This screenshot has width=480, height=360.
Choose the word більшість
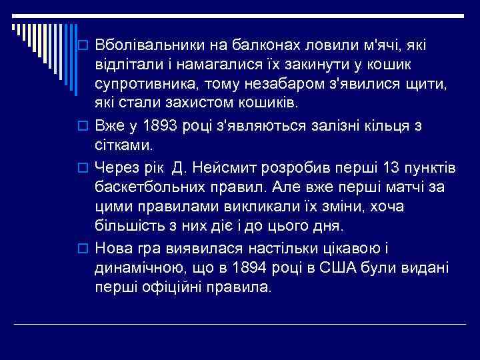129,225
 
